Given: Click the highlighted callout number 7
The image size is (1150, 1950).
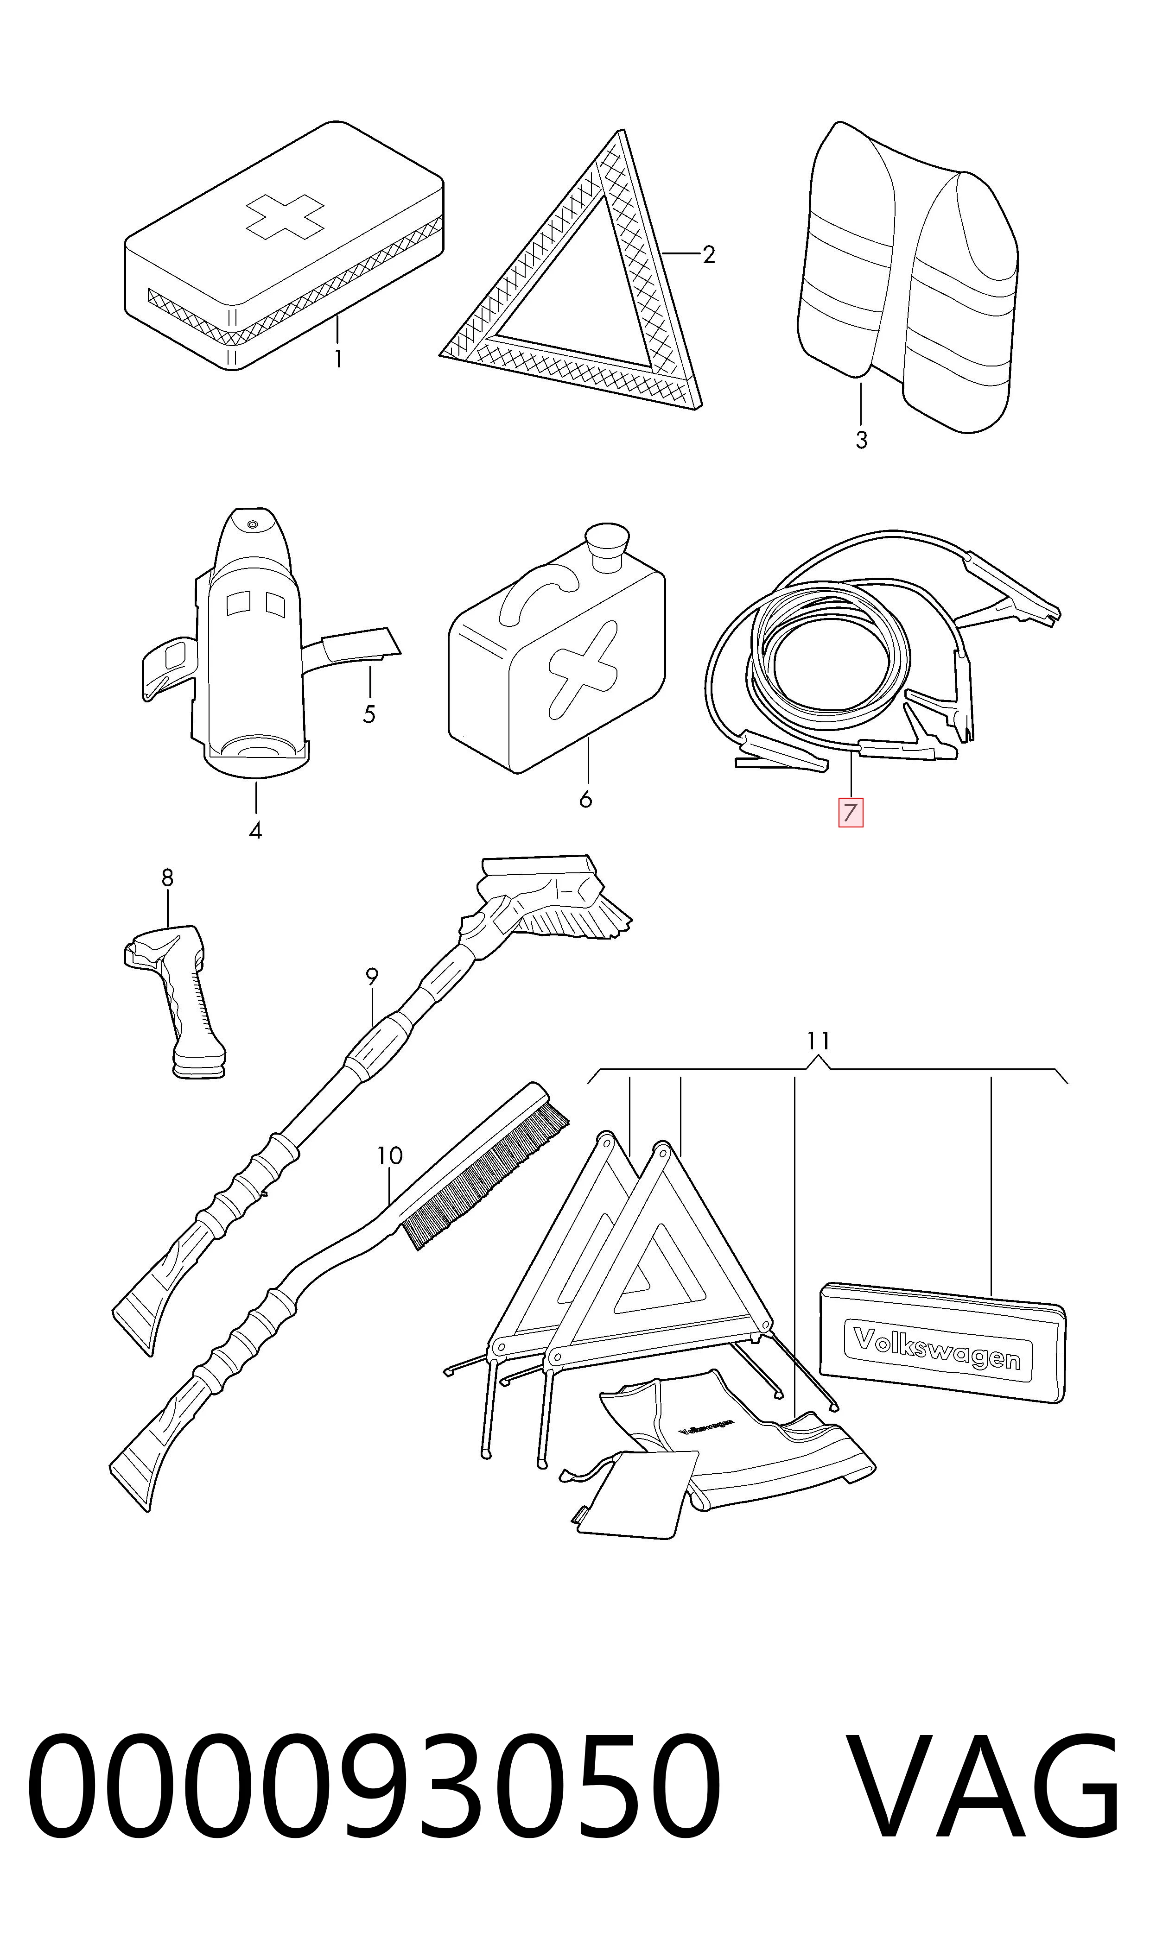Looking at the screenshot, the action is point(850,813).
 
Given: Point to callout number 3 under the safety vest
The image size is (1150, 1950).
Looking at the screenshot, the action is point(861,440).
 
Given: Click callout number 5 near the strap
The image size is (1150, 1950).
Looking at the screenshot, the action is point(369,714).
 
